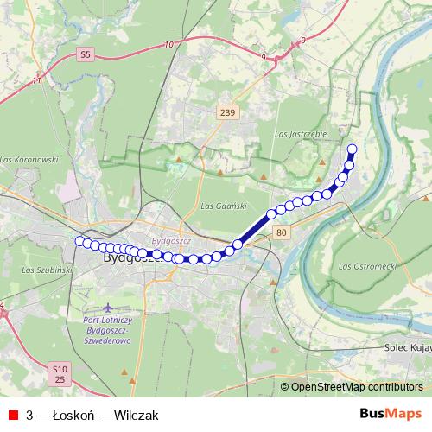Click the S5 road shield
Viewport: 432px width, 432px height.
[84, 54]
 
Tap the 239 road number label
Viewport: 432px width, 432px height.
[227, 112]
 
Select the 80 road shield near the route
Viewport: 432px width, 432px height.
[282, 233]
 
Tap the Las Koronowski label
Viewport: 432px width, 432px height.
[29, 160]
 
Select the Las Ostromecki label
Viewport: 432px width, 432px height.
[367, 265]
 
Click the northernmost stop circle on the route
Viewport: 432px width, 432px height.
[352, 149]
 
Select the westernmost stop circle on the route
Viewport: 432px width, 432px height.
[79, 241]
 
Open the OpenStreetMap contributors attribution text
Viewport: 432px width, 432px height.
[357, 387]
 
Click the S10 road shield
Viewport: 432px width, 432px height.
[59, 367]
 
